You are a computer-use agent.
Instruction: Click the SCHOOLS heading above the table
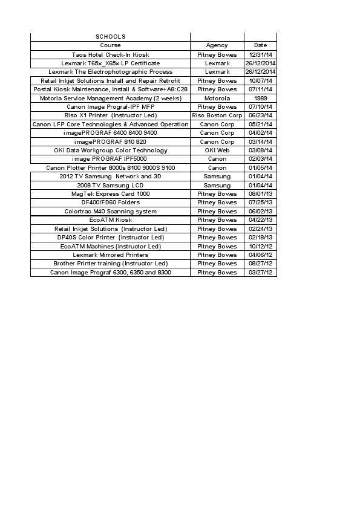[x=110, y=37]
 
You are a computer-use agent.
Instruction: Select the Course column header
[x=110, y=45]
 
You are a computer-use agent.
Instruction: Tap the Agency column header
[x=217, y=45]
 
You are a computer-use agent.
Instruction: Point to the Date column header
[x=260, y=45]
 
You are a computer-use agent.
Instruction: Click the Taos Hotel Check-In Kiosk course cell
[x=110, y=54]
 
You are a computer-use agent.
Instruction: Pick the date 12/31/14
[x=260, y=54]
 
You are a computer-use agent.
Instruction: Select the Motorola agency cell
[x=217, y=98]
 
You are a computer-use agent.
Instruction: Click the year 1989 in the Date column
[x=260, y=98]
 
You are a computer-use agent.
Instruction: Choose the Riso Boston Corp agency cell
[x=217, y=115]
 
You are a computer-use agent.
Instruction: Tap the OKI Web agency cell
[x=217, y=151]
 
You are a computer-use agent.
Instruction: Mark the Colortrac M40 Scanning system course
[x=110, y=212]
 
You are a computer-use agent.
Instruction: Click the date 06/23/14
[x=260, y=115]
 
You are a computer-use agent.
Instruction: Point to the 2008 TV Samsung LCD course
[x=110, y=185]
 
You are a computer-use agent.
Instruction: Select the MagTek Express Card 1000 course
[x=110, y=194]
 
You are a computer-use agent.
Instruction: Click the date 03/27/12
[x=260, y=273]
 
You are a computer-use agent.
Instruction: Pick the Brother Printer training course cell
[x=110, y=264]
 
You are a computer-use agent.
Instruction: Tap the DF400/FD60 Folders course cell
[x=110, y=203]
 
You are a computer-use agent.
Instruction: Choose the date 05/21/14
[x=260, y=124]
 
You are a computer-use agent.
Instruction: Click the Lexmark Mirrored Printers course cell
[x=110, y=255]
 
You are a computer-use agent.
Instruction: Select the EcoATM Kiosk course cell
[x=110, y=220]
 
